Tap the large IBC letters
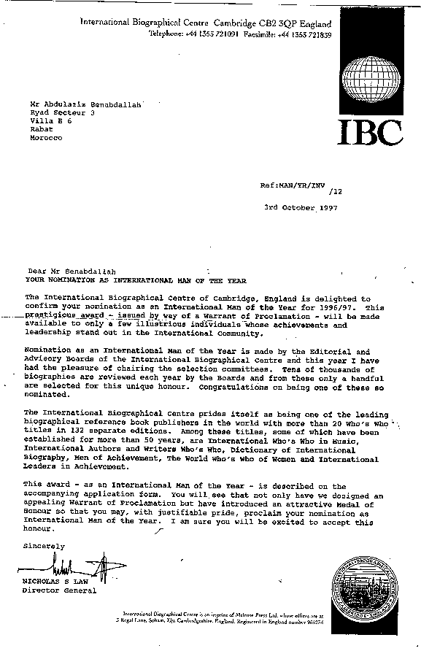(370, 131)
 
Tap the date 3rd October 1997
(301, 207)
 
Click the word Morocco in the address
(47, 138)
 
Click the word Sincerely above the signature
(44, 545)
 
